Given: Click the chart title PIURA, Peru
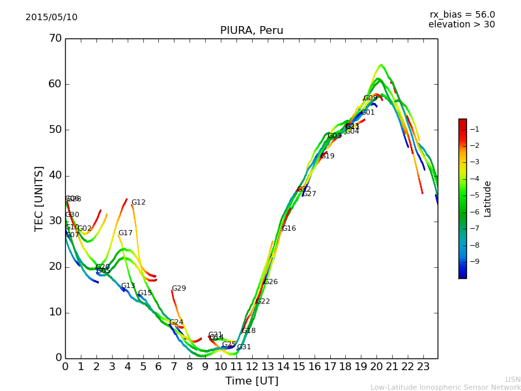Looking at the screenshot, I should (251, 31).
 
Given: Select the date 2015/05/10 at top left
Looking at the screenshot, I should (51, 17).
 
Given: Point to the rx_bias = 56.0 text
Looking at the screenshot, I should (462, 14).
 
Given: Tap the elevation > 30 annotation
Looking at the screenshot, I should (461, 25).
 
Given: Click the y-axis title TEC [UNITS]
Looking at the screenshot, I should (40, 198).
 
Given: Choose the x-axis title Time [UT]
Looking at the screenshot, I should (251, 381).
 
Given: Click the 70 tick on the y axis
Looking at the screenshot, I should (55, 38).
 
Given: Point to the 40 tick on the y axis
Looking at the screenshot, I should (55, 175).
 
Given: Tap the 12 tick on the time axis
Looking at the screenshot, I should (252, 367).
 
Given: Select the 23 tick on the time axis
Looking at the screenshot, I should (423, 367).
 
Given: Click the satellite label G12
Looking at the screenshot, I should (139, 203).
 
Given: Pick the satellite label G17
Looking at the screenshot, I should (126, 233).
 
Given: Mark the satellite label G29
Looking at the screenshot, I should (179, 289).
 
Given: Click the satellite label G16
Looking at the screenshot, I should (289, 229).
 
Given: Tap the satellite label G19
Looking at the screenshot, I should (328, 156).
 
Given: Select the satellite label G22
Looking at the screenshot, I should (263, 302).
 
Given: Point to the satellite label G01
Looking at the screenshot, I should (368, 113).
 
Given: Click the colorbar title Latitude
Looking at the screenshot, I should (488, 199).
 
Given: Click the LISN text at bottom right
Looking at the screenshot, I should (513, 379).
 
